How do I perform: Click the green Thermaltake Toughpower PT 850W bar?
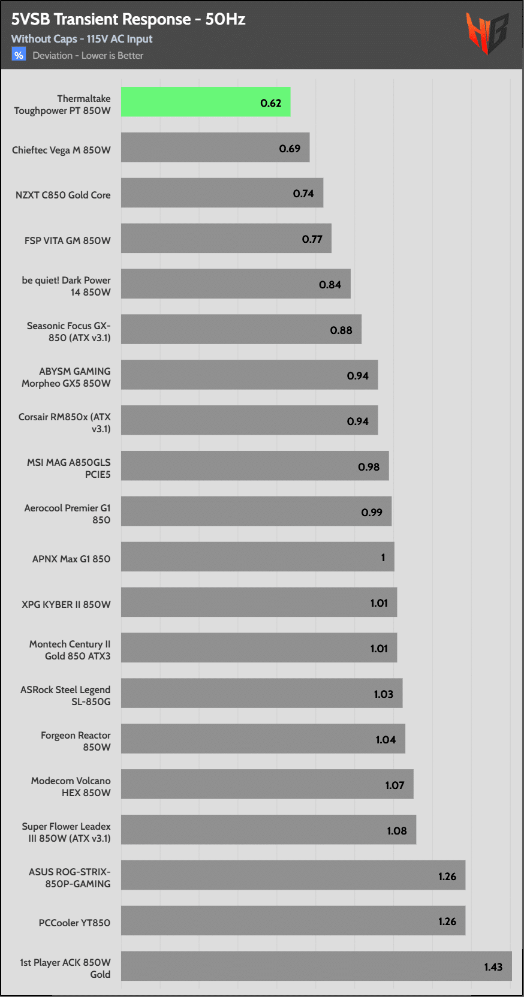(x=206, y=102)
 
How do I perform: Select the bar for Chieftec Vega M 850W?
(x=215, y=147)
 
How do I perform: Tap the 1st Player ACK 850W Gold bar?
(x=316, y=966)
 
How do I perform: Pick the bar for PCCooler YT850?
(x=293, y=920)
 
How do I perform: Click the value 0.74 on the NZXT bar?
(x=303, y=194)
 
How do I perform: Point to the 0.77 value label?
(x=312, y=239)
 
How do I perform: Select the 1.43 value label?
(x=493, y=967)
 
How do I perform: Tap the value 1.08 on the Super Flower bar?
(x=396, y=831)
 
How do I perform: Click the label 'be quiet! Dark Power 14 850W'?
(x=67, y=286)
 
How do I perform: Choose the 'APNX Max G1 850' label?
(x=71, y=559)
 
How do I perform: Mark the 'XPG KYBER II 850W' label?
(x=66, y=604)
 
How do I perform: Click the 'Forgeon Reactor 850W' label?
(x=76, y=741)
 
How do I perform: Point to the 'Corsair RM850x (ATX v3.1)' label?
(x=65, y=423)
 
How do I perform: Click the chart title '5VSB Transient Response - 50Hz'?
(x=128, y=19)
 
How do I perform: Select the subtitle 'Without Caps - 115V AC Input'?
(x=82, y=39)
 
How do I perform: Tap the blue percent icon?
(x=19, y=55)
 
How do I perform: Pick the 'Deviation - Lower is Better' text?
(x=88, y=56)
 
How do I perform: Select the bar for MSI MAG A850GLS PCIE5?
(x=255, y=466)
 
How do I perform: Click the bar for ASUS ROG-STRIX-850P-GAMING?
(x=293, y=875)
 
